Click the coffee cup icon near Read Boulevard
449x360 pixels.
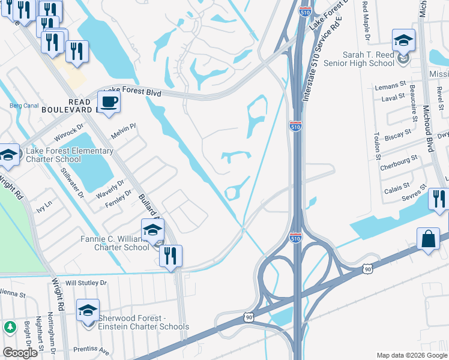click(x=109, y=101)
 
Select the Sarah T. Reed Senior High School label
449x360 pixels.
click(x=377, y=59)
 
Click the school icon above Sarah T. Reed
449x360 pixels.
click(x=403, y=41)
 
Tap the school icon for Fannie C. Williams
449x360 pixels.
click(x=152, y=230)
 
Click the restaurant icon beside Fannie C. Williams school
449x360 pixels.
click(x=170, y=256)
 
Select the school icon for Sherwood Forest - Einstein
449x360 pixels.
click(x=88, y=310)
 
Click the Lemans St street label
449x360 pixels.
click(x=387, y=87)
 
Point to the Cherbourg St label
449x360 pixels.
click(x=399, y=161)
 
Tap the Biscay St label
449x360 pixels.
click(x=399, y=133)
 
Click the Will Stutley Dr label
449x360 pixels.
click(x=86, y=282)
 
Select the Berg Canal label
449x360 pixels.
click(x=24, y=106)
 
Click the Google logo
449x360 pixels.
click(x=19, y=353)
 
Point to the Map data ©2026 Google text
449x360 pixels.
click(x=411, y=355)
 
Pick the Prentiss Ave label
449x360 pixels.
click(x=91, y=349)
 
